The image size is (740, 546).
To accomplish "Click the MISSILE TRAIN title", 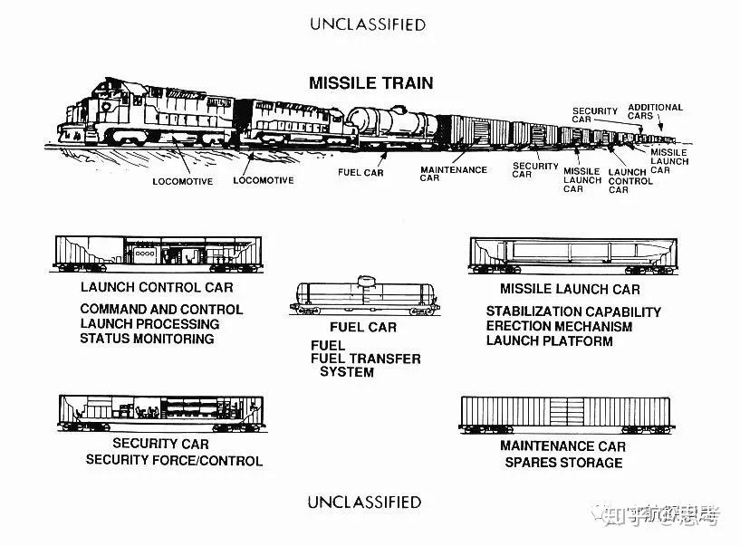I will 370,83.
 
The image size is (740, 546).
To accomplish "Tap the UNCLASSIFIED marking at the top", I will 368,24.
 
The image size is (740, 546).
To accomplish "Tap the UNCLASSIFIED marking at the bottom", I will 364,502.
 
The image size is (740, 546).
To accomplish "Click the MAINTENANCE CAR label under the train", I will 453,174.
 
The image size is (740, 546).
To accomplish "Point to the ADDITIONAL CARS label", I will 655,111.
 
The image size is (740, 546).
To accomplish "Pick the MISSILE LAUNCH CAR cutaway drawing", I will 571,254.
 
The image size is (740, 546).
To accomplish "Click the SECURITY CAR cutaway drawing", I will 159,413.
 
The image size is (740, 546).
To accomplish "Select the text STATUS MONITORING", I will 147,339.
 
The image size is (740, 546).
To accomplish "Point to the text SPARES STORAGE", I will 562,462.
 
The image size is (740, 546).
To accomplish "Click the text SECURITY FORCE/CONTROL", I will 174,460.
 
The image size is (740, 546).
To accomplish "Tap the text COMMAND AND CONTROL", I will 161,309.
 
